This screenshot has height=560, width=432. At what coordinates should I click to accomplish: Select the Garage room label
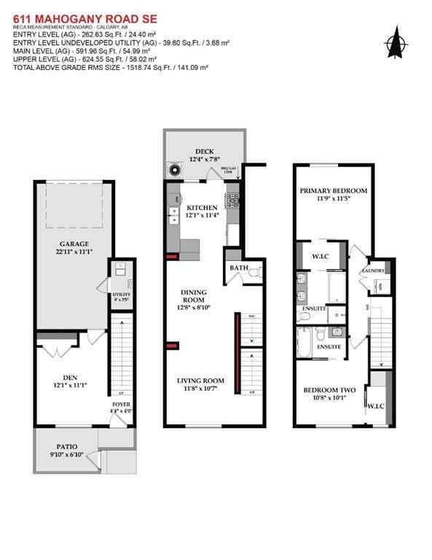point(74,244)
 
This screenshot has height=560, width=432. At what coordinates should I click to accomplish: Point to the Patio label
point(68,446)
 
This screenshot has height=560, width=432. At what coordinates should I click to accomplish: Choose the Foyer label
point(121,404)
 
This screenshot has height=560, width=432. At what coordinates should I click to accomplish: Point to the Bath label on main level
point(240,268)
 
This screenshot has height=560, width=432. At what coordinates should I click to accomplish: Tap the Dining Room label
point(194,297)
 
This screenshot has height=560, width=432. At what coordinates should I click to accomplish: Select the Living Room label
point(200,381)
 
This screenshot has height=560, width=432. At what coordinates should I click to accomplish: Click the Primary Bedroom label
point(333,190)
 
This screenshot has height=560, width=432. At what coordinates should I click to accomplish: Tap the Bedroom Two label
point(329,391)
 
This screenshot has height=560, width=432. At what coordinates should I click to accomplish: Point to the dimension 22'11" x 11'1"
point(74,252)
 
